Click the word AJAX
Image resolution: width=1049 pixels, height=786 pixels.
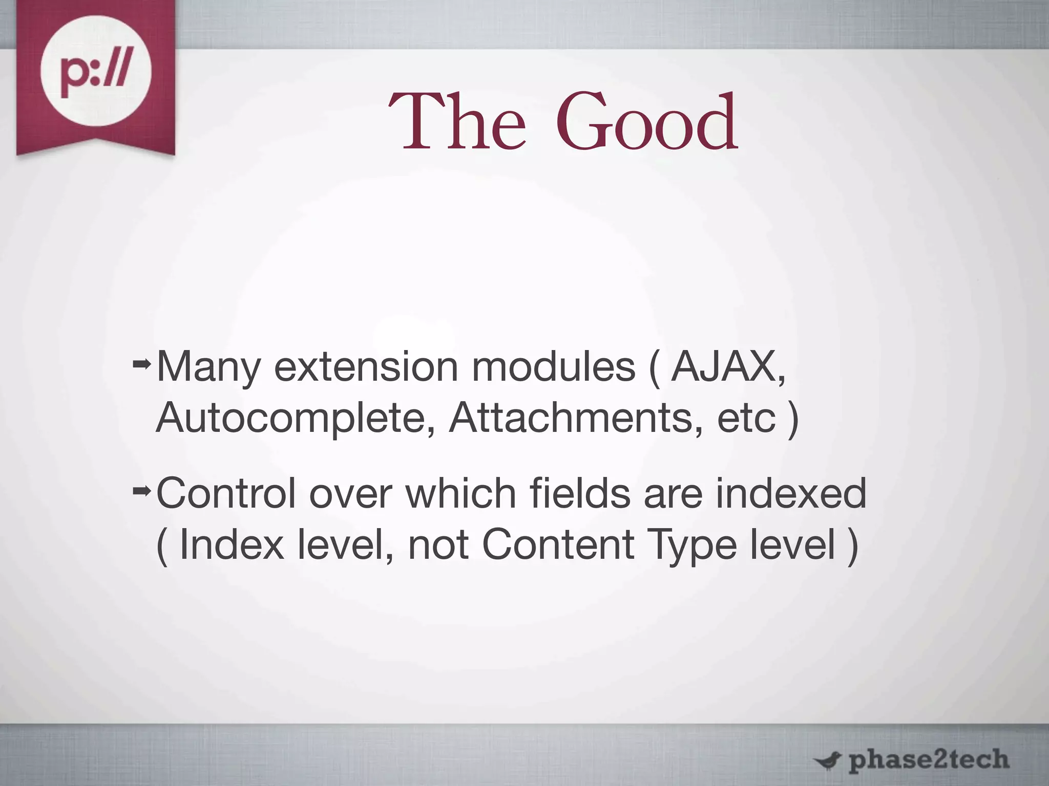[x=727, y=366]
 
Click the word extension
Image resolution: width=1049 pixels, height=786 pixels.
[x=366, y=367]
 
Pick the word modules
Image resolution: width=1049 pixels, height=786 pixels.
[x=553, y=366]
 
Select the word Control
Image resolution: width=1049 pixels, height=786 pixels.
[x=226, y=493]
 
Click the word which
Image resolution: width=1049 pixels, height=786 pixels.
[x=460, y=493]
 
